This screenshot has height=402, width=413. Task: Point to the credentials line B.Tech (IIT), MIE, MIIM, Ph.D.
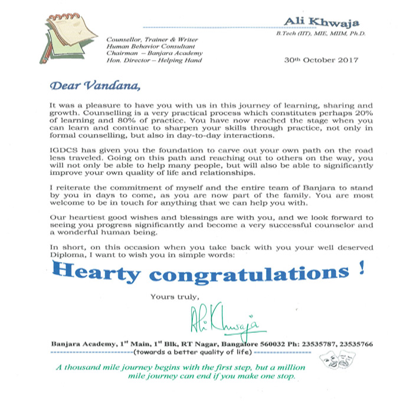(321, 34)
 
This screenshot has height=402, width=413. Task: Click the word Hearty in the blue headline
(102, 273)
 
